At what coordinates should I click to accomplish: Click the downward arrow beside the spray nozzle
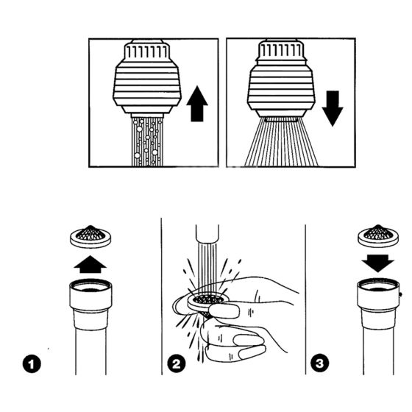(x=333, y=107)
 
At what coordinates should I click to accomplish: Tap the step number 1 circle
(x=32, y=364)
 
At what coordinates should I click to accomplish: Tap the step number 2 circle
(x=177, y=363)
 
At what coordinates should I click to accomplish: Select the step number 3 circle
(x=319, y=363)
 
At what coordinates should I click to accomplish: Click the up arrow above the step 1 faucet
(x=90, y=264)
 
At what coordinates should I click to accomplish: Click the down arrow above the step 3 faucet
(x=378, y=263)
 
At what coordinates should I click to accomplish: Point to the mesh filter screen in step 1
(x=90, y=236)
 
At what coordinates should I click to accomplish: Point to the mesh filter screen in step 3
(x=378, y=235)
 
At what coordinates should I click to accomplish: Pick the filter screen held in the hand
(x=207, y=302)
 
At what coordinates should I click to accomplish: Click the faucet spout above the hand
(x=207, y=233)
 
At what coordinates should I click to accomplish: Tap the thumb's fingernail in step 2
(x=225, y=311)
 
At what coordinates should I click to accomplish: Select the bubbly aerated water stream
(x=147, y=142)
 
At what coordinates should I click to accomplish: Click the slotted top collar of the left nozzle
(x=146, y=51)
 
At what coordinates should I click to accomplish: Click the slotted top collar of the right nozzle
(x=282, y=51)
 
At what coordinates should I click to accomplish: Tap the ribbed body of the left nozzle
(x=147, y=84)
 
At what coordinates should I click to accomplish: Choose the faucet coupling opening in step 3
(x=378, y=285)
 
